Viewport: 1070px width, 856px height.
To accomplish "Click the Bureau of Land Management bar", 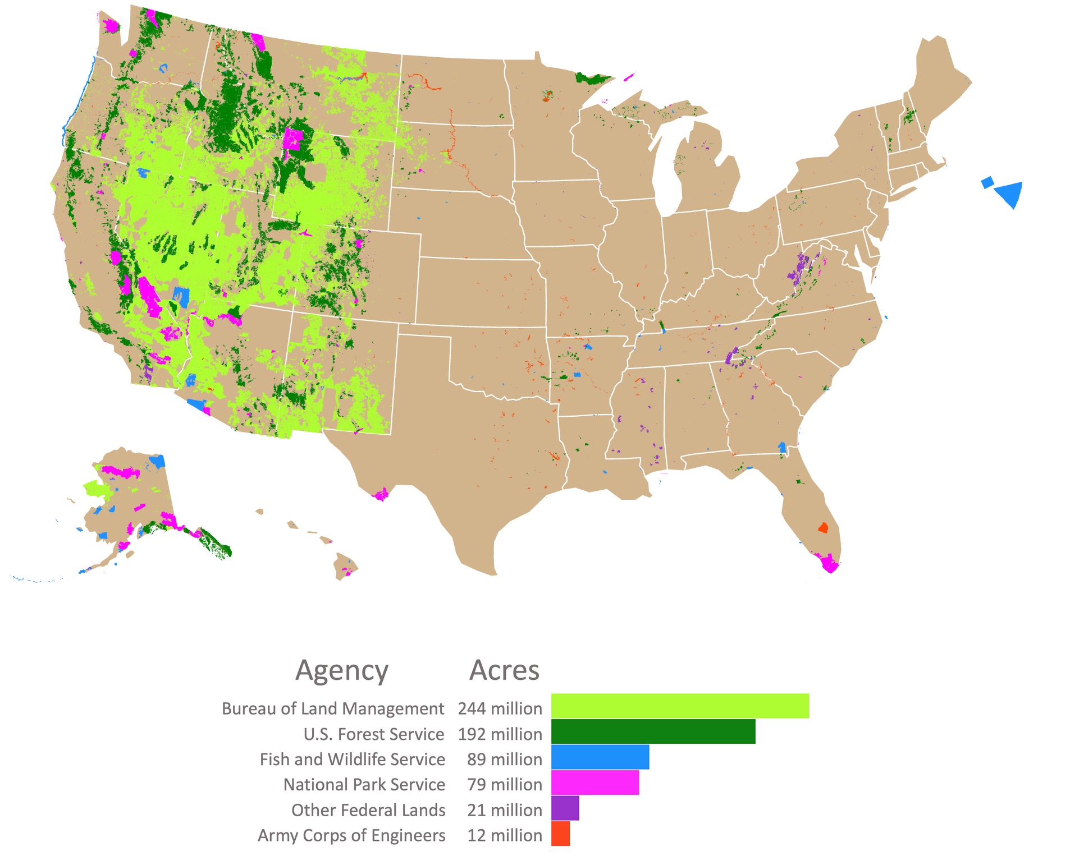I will (679, 706).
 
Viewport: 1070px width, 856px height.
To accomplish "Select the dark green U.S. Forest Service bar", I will (652, 731).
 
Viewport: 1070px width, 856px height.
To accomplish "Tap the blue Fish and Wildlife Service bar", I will (600, 757).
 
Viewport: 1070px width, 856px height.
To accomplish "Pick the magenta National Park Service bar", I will (595, 782).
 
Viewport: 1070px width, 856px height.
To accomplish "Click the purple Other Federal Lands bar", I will (564, 808).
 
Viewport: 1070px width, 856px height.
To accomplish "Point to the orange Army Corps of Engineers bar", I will (560, 833).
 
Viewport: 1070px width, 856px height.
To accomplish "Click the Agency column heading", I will (341, 670).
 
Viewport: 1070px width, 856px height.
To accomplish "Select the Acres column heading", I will (504, 670).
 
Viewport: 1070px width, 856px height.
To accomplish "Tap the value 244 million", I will (500, 708).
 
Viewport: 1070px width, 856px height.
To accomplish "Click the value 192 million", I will (500, 734).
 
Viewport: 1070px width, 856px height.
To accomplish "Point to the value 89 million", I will (504, 759).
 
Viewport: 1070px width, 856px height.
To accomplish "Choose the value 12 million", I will (504, 835).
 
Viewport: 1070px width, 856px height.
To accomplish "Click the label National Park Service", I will (364, 784).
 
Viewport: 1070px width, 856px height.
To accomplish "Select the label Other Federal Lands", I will (368, 810).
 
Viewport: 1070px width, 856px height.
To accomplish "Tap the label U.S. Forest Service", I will (373, 734).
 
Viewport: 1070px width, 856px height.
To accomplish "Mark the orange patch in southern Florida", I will (822, 527).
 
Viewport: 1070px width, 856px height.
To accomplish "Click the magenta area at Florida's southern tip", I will (828, 563).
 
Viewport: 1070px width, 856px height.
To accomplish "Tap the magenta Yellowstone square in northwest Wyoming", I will (293, 138).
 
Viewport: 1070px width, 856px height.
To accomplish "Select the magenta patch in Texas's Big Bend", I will (381, 494).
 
